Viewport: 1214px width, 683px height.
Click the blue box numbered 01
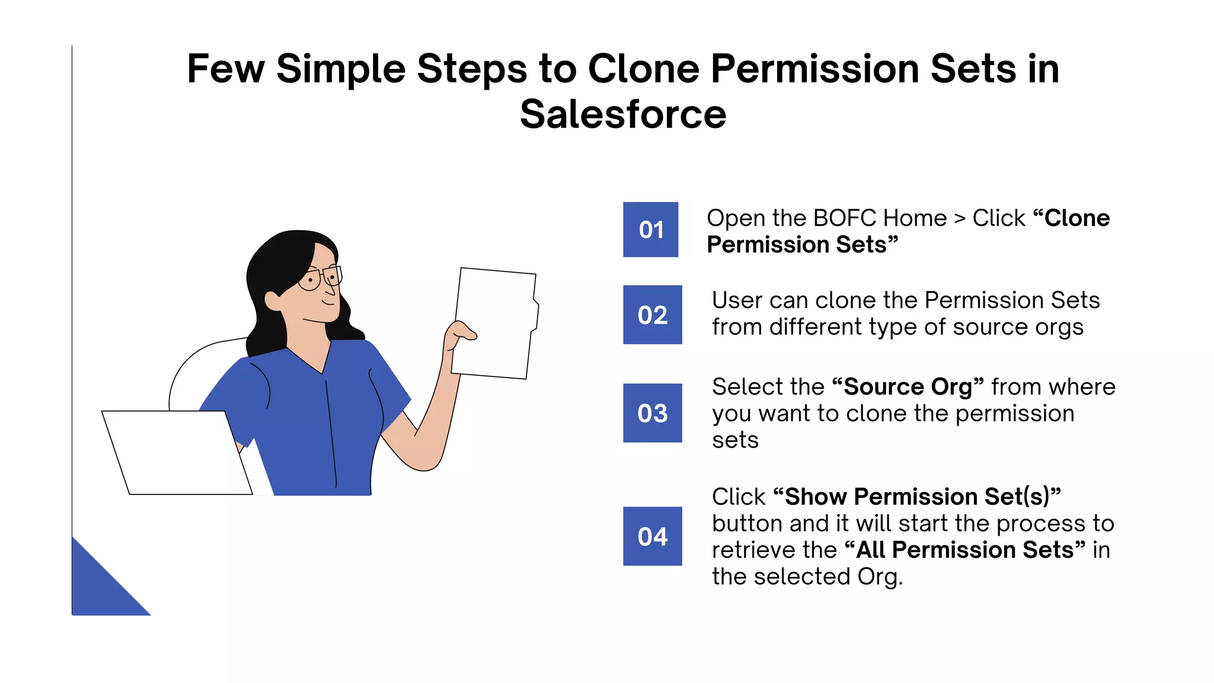pos(650,229)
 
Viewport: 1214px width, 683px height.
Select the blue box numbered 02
pos(652,315)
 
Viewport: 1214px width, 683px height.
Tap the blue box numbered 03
pos(652,413)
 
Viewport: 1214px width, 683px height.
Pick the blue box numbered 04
pos(652,536)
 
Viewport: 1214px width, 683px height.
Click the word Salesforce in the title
pos(622,114)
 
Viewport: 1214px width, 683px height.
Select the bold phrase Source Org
pos(908,387)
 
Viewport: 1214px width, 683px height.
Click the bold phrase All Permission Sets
pos(964,550)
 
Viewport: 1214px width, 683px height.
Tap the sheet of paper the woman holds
pos(497,323)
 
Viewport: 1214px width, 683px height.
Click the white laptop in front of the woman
pos(177,452)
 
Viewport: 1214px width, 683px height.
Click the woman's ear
pos(273,300)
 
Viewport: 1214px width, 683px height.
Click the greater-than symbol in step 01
pos(960,219)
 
